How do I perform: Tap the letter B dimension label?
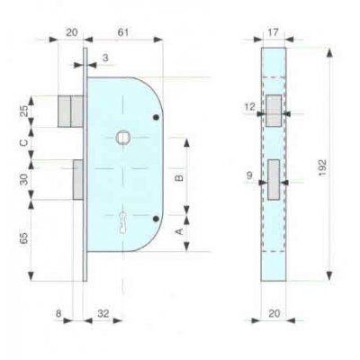[x=178, y=178]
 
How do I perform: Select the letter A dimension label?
[x=178, y=230]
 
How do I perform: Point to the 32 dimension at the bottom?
[x=104, y=315]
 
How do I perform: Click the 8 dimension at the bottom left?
[x=59, y=315]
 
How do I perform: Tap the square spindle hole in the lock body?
[x=122, y=137]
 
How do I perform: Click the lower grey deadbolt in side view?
[x=77, y=179]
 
